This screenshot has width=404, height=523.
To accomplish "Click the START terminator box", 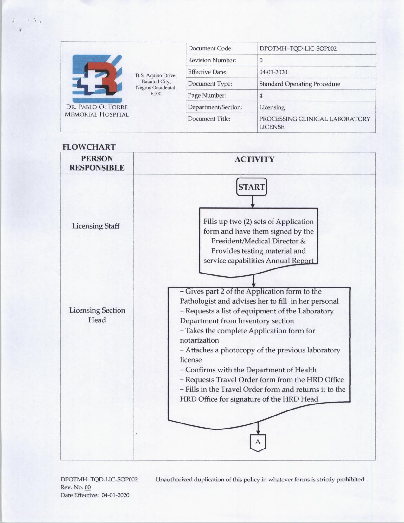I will coord(252,187).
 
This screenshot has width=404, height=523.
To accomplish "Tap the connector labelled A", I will coord(258,442).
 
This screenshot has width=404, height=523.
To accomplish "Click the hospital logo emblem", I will coord(97,79).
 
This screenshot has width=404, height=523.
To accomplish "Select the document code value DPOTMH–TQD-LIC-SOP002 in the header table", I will coord(298,48).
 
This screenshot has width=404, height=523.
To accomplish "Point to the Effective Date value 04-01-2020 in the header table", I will coord(273,72).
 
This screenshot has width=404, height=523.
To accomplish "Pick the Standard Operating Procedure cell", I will coord(299,84).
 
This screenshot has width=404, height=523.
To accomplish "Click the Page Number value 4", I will coord(261,95).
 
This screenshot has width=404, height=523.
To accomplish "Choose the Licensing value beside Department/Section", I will coord(272,107).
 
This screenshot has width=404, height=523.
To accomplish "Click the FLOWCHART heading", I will coord(89,147).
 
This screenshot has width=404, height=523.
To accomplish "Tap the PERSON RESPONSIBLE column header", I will coord(97,163).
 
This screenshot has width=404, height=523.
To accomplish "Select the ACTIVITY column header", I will coord(254,159).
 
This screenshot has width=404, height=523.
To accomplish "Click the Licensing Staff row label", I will coord(96,226).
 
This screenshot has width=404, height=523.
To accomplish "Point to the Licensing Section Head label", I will coord(97,315).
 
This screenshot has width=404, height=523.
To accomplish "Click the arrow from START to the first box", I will coord(252,202).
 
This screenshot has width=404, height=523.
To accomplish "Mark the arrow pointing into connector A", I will coord(258,428).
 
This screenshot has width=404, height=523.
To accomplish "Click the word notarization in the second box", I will coord(199,340).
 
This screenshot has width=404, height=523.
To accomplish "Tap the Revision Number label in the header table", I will coord(212,60).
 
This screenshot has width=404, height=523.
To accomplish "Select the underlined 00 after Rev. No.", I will coord(88,487).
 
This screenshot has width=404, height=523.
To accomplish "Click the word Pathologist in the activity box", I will coord(197,301).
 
